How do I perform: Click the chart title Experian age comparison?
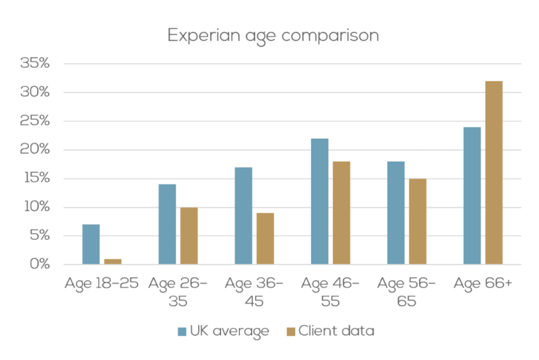(x=273, y=35)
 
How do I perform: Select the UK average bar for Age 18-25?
(x=91, y=244)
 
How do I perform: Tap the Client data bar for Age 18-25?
(x=113, y=262)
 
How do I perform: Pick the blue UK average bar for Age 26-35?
(x=167, y=224)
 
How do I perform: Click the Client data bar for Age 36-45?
(x=265, y=239)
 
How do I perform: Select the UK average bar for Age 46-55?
(x=319, y=201)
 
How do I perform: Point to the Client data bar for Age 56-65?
(x=417, y=221)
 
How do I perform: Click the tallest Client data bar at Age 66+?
(x=494, y=173)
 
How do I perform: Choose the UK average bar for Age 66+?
(x=472, y=196)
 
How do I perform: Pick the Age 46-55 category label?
(x=330, y=292)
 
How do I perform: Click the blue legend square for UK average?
(x=182, y=332)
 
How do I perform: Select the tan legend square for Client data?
(x=290, y=332)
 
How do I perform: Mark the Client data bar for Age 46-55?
(x=341, y=213)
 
